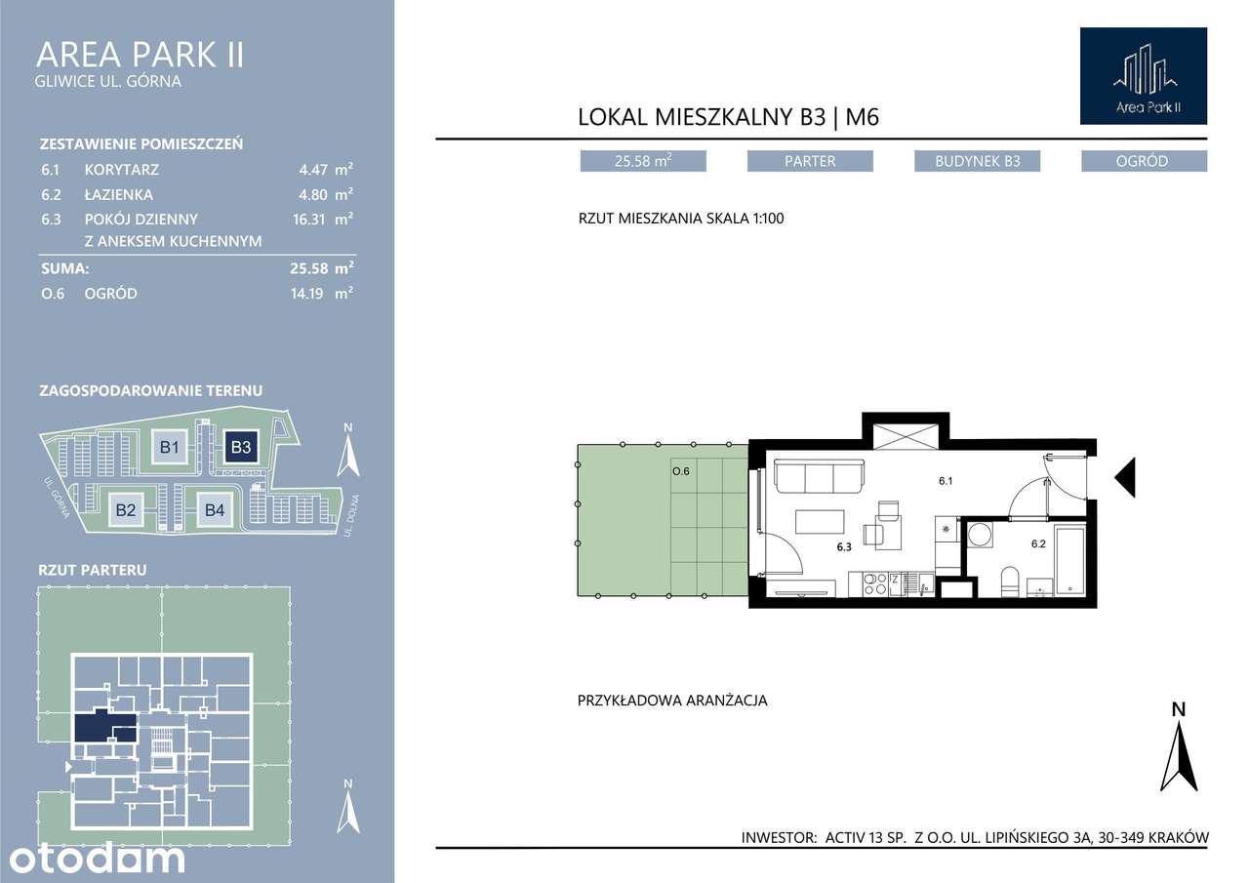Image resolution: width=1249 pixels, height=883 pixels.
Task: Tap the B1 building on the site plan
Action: point(170,447)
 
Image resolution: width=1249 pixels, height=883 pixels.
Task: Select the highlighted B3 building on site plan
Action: point(241,447)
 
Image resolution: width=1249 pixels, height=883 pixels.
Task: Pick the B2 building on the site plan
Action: point(126,509)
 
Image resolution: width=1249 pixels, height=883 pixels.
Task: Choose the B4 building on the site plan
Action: point(215,509)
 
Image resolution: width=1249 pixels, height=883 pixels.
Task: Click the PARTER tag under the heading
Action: point(810,161)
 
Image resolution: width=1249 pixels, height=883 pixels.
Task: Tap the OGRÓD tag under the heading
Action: point(1145,161)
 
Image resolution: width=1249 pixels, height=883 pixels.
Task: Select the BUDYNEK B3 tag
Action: point(978,161)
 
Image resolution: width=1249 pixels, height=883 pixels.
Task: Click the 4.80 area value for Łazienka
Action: point(312,195)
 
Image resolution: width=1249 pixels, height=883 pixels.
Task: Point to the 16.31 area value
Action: point(309,220)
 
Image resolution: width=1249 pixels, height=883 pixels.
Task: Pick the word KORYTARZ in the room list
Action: point(122,170)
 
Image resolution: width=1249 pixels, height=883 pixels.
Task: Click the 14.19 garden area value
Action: point(307,294)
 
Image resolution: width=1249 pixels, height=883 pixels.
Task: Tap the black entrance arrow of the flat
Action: point(1125,477)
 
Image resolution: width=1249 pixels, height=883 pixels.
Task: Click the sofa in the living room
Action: point(819,476)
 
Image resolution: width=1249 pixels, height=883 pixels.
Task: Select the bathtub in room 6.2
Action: point(1070,560)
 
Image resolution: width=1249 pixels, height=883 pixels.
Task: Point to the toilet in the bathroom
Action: point(1010,582)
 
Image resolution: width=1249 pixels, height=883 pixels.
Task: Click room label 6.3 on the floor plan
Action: point(844,547)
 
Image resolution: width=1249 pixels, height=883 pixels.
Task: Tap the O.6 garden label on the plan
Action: point(681,471)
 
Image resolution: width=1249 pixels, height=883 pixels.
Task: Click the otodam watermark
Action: point(97,859)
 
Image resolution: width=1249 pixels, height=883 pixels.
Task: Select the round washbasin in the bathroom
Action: point(979,535)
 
